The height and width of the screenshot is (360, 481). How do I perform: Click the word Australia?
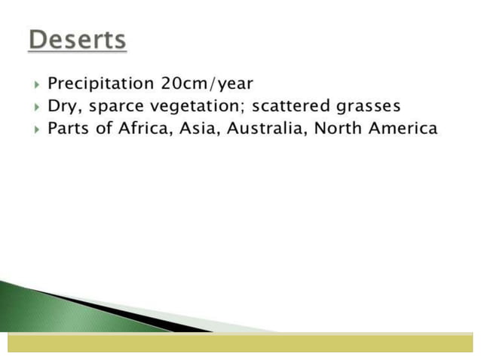click(267, 128)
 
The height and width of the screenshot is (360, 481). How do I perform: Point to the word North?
click(337, 128)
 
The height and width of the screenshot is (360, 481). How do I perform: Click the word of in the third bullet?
click(106, 128)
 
